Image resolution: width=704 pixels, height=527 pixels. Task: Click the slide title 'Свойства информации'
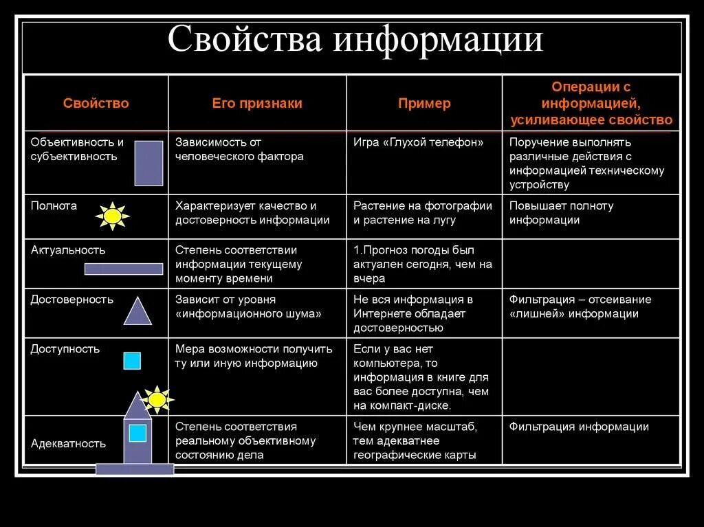coord(355,40)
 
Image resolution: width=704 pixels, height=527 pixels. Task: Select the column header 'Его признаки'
coord(256,104)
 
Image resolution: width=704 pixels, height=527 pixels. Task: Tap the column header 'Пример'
coord(424,104)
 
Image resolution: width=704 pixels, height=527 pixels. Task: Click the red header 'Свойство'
coord(96,104)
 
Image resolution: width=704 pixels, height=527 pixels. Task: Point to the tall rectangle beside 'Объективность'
coord(148,164)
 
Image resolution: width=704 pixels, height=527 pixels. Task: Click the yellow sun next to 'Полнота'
coord(113,216)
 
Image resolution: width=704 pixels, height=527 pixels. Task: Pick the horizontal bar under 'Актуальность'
coord(124,269)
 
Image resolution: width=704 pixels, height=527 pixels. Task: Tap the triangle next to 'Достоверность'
coord(137,311)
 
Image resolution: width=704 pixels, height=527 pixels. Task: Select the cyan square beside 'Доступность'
coord(132,361)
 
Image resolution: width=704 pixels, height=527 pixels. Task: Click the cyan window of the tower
coord(137,433)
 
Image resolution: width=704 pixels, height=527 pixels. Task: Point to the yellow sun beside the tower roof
coord(157,399)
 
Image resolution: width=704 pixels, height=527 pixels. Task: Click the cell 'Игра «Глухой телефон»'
coord(418,143)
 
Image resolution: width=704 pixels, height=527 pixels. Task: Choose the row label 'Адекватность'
coord(68,443)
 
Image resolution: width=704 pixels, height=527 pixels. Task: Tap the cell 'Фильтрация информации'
coord(579,427)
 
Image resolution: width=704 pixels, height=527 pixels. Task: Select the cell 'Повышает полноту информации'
coord(561,213)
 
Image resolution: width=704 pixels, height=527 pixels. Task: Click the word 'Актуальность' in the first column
coord(68,250)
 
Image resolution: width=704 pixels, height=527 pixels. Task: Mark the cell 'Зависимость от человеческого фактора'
coord(239,150)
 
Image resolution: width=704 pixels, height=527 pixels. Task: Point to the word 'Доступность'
coord(65,348)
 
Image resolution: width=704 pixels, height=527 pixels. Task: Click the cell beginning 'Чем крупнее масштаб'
coord(415,440)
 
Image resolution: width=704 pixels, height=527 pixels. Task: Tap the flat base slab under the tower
coord(135,469)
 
